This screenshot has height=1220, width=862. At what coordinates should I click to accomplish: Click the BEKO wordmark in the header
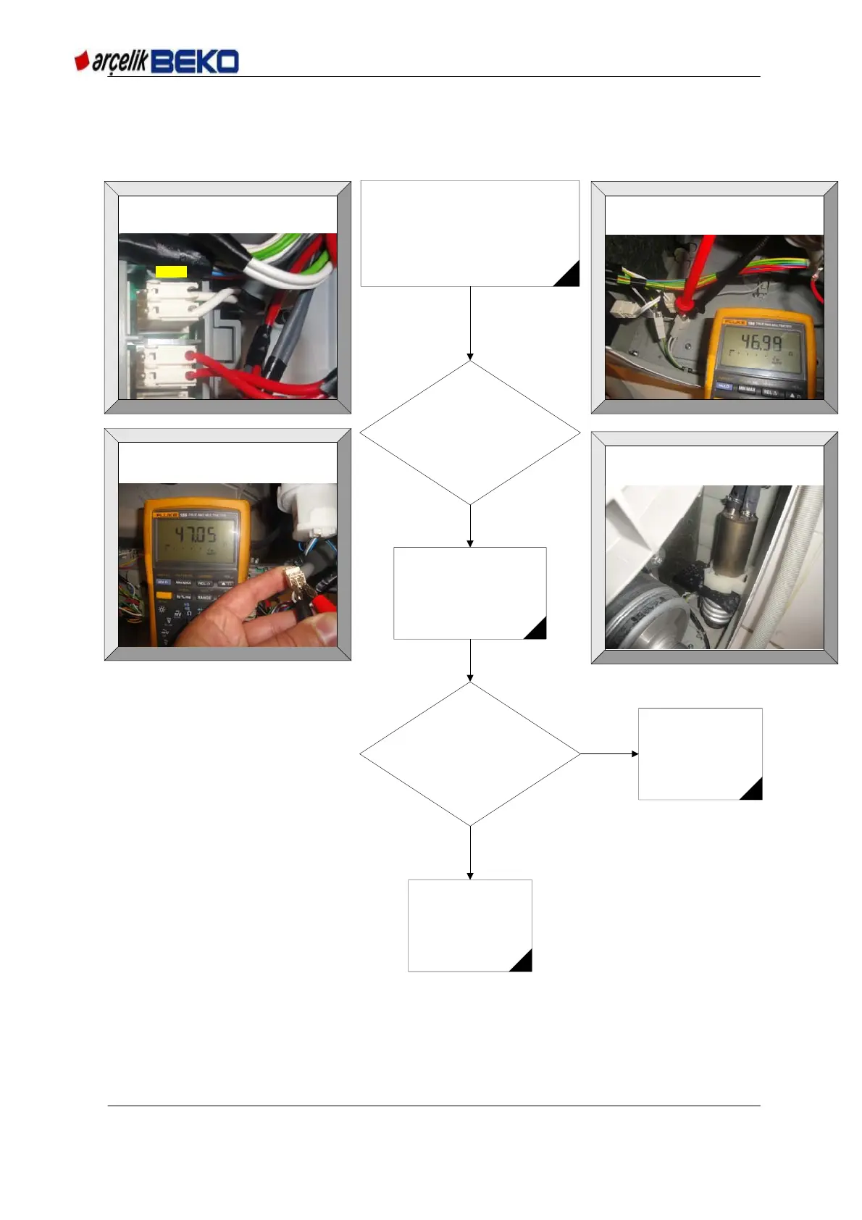tap(195, 62)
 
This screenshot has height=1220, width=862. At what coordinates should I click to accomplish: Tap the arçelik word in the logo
tap(120, 62)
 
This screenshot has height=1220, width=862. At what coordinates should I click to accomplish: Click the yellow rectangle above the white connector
tap(172, 272)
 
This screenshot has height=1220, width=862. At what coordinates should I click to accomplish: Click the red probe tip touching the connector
tap(682, 304)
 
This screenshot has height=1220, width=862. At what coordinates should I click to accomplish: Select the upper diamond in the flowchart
tap(470, 433)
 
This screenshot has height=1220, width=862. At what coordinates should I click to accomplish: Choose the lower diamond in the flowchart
tap(470, 753)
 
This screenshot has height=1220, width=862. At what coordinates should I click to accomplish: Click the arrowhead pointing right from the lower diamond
tap(635, 753)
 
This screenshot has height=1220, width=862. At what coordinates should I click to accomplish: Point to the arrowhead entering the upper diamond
tap(470, 356)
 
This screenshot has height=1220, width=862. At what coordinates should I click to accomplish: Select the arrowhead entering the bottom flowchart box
tap(470, 876)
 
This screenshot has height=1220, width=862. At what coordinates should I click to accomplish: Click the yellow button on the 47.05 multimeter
tap(164, 596)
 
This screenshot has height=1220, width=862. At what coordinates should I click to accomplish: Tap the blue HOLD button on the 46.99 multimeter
tap(724, 386)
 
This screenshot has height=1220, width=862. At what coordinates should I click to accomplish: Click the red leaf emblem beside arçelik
tap(82, 61)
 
